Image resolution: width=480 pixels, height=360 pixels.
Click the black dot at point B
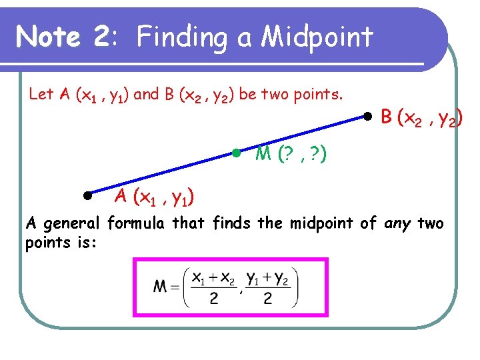tap(367, 117)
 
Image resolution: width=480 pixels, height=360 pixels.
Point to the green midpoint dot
tap(236, 153)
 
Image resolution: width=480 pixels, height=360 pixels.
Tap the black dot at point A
tap(87, 195)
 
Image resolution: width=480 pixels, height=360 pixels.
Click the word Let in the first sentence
tap(41, 94)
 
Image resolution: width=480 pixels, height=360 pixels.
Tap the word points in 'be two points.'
tap(313, 94)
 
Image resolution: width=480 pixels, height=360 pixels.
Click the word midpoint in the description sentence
tap(323, 223)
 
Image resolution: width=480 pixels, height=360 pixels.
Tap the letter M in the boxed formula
tap(161, 287)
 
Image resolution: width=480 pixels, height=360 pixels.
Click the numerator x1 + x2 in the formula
tap(213, 277)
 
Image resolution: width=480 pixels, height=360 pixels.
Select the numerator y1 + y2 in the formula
tap(267, 277)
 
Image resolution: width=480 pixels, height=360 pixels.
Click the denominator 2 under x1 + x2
tap(213, 298)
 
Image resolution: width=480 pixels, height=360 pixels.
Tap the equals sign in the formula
tap(175, 287)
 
